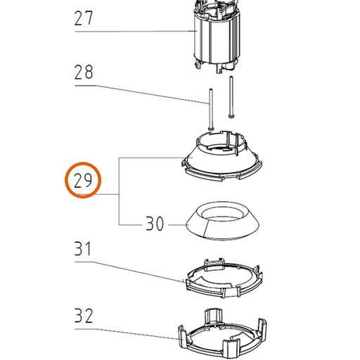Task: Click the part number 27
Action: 84,18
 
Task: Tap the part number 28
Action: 84,72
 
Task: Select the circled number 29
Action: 83,181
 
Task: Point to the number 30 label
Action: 155,224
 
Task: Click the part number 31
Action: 82,248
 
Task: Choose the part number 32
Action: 84,316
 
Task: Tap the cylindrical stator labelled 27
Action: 217,37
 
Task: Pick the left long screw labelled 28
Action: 211,109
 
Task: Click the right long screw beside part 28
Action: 231,97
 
